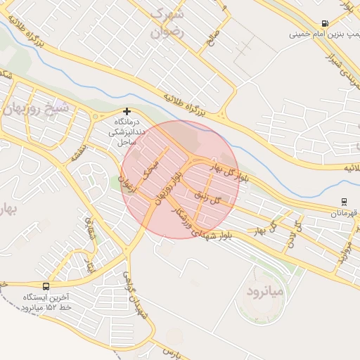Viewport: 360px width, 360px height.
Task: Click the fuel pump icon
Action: [324, 23]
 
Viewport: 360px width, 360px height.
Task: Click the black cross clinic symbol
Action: [127, 111]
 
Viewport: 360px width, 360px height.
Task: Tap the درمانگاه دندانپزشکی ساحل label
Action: [127, 131]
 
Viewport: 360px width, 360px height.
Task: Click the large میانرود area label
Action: [264, 290]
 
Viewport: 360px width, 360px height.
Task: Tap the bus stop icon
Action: [46, 286]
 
